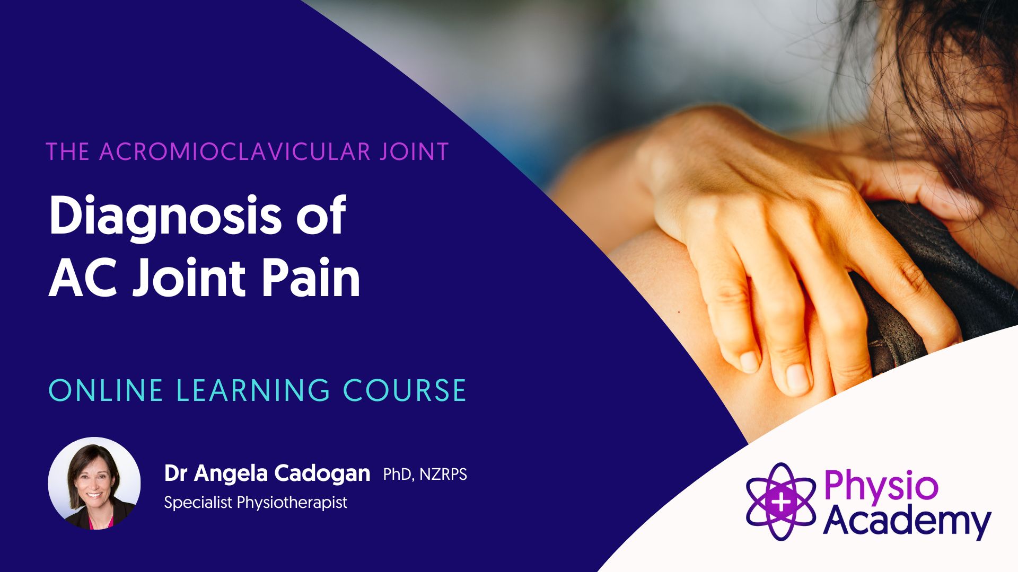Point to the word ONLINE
pyautogui.click(x=106, y=390)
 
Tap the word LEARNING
pyautogui.click(x=253, y=390)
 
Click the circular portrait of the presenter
pyautogui.click(x=94, y=483)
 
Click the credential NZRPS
pyautogui.click(x=443, y=474)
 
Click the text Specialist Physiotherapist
pyautogui.click(x=256, y=502)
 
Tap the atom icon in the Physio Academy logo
pyautogui.click(x=781, y=502)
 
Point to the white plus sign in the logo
pyautogui.click(x=781, y=502)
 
